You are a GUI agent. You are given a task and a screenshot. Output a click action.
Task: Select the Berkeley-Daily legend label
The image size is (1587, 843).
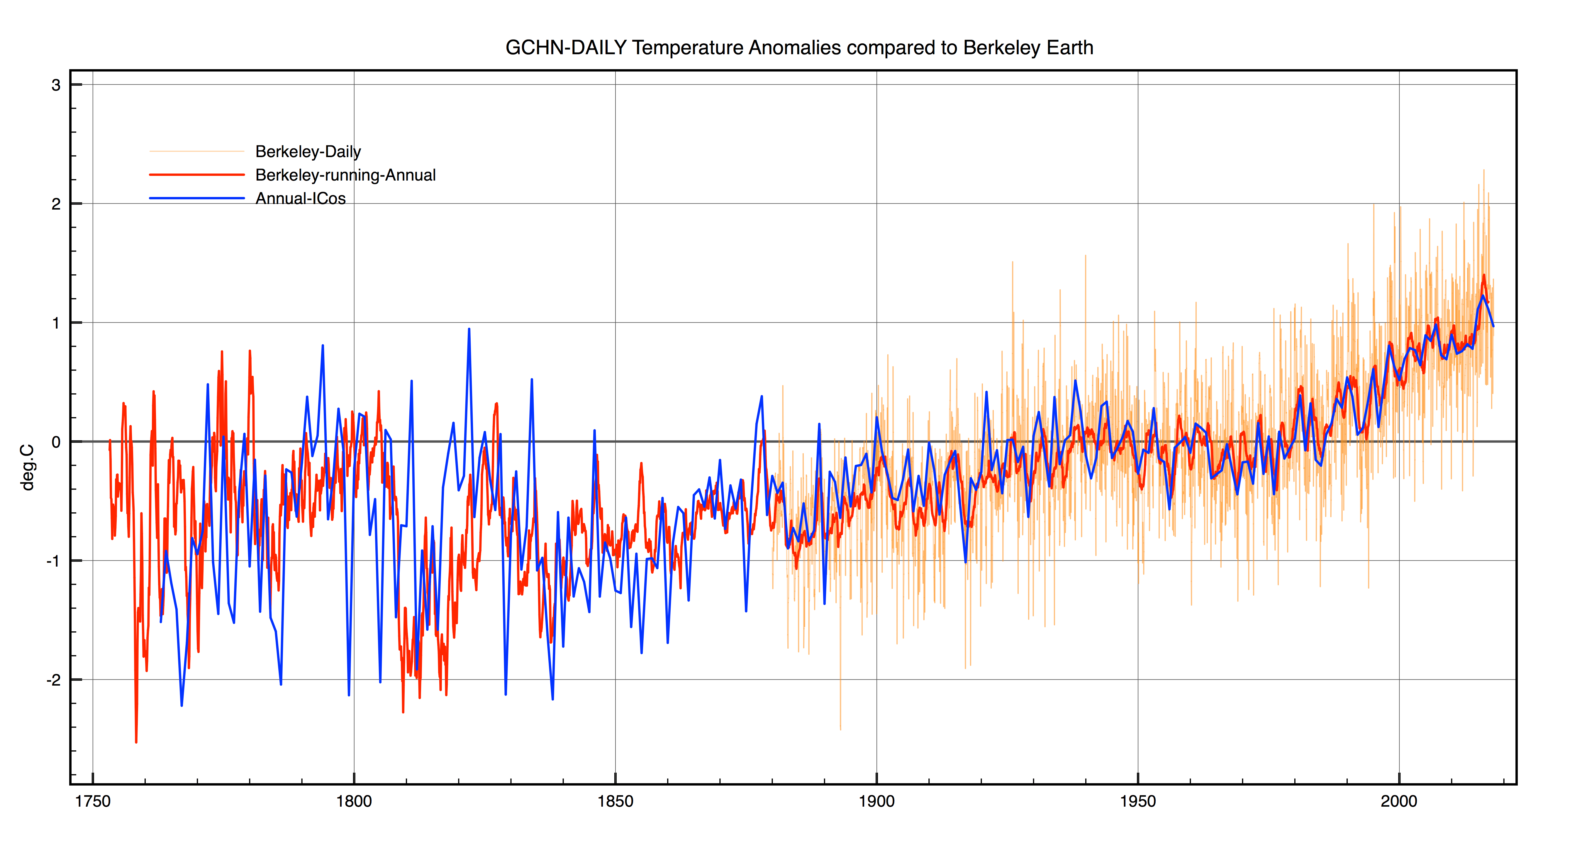click(308, 152)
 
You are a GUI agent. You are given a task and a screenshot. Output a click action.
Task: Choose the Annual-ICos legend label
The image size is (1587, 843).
click(301, 198)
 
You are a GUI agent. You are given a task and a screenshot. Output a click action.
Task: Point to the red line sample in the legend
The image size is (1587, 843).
click(197, 175)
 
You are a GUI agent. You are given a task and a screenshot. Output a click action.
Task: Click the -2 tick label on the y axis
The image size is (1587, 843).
click(54, 680)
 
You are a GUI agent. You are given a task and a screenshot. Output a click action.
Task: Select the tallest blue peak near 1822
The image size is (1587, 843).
click(469, 329)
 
